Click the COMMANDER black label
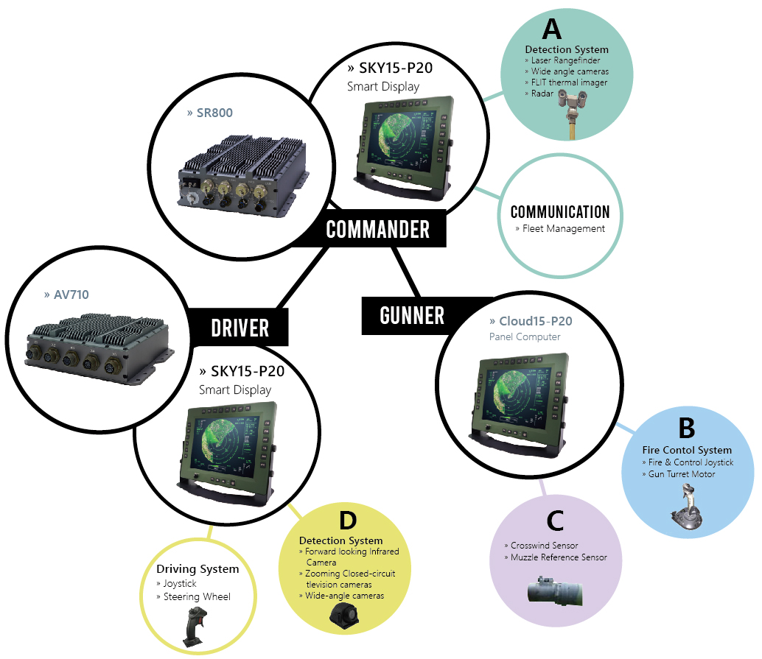pyautogui.click(x=377, y=229)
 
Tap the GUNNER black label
pyautogui.click(x=412, y=315)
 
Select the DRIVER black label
pyautogui.click(x=240, y=326)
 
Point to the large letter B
pyautogui.click(x=686, y=428)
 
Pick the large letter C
pyautogui.click(x=555, y=521)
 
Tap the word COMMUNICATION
pyautogui.click(x=560, y=212)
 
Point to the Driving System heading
pyautogui.click(x=198, y=569)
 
